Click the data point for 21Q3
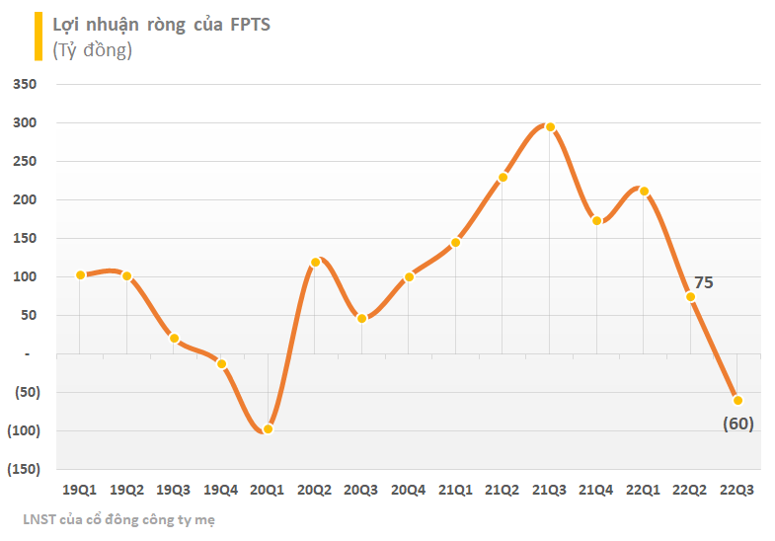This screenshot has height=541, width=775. [x=550, y=127]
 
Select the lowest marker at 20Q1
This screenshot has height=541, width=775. [x=268, y=428]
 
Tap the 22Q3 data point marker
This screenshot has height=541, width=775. [x=737, y=400]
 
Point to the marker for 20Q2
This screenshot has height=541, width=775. [x=315, y=262]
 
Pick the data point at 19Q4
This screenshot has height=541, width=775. [x=221, y=364]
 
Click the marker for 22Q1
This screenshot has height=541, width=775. [x=644, y=191]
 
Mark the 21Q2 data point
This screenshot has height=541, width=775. [x=503, y=178]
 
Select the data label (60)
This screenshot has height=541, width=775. [x=737, y=424]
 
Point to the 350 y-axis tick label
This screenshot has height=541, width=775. [x=24, y=85]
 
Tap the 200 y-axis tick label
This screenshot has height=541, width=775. [x=24, y=200]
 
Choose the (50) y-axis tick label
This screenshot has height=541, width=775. [x=24, y=392]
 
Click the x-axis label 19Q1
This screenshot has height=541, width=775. [x=79, y=490]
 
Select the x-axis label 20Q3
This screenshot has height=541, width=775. [x=361, y=490]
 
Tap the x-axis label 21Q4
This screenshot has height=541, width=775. [x=596, y=490]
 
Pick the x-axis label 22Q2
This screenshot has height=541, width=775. [x=690, y=490]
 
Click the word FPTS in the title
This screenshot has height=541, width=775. [x=248, y=25]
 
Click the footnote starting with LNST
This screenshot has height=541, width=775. [x=117, y=519]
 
